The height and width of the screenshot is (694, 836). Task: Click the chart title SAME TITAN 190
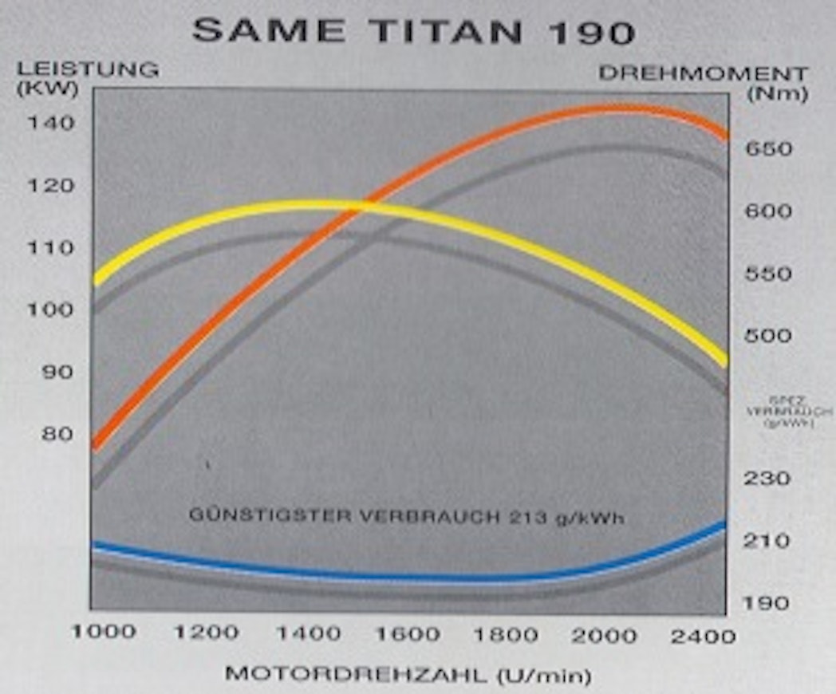point(414,32)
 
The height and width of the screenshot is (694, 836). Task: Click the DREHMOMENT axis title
point(703,74)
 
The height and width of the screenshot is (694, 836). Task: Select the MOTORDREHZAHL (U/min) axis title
point(408,675)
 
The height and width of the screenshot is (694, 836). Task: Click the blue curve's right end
point(722,525)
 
